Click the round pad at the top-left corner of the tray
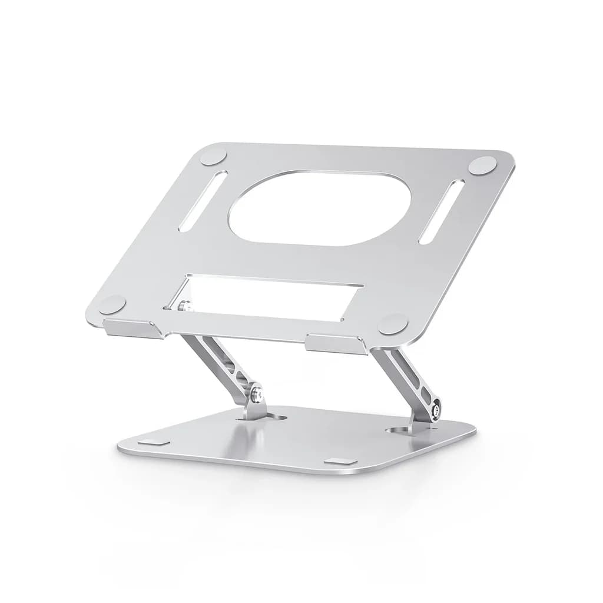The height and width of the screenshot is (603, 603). [213, 157]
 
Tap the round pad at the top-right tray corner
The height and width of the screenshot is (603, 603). [483, 165]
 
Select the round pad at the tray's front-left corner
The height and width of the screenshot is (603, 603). [112, 304]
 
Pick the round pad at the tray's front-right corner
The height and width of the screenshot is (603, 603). [393, 324]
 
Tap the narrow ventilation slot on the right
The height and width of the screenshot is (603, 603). [441, 212]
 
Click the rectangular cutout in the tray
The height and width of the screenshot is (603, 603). [271, 298]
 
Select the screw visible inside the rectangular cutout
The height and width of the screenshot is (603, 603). [184, 306]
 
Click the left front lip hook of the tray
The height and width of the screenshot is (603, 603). [134, 328]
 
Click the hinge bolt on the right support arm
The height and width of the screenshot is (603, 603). [436, 410]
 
